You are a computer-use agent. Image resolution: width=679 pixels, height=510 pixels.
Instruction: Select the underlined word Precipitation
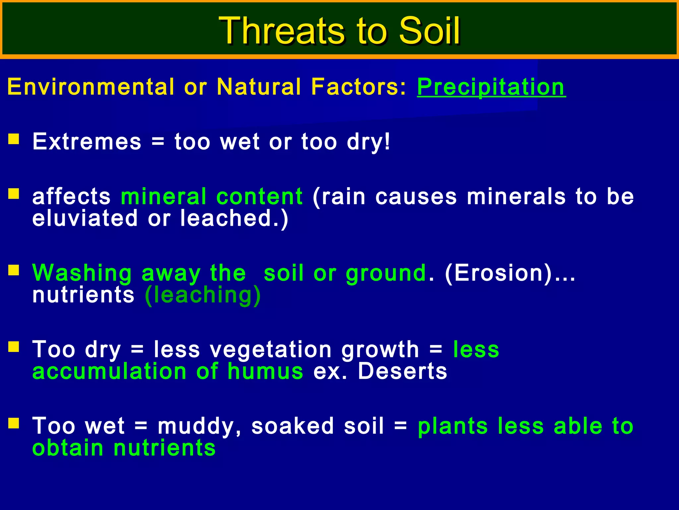[x=491, y=87]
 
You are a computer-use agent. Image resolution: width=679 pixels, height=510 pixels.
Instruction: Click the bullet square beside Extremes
[x=14, y=139]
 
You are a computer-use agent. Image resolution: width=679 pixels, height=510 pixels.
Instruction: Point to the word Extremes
[x=87, y=142]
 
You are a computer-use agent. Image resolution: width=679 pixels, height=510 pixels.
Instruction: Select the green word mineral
[x=164, y=196]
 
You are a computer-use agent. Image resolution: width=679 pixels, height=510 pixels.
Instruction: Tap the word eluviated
[x=85, y=218]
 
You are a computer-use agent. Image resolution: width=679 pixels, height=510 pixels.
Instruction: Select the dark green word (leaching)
[x=203, y=295]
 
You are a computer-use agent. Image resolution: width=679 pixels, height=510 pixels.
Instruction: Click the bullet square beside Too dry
[x=14, y=347]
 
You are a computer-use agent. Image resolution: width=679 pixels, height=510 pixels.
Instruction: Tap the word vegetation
[x=271, y=350]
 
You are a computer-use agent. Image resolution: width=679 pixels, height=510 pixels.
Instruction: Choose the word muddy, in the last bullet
[x=199, y=427]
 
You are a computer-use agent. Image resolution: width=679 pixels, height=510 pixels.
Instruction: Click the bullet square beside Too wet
[x=14, y=423]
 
